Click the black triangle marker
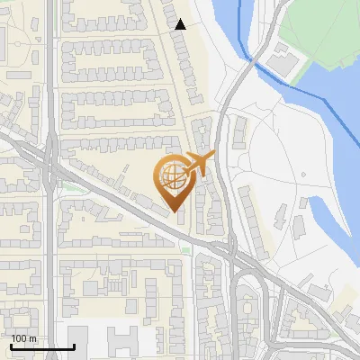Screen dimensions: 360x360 181,24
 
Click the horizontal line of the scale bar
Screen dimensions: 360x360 42,346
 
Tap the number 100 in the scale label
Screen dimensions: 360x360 20,338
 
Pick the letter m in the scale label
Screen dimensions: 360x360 32,338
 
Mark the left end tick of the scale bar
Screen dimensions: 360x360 11,345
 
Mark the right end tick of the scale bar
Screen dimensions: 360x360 74,345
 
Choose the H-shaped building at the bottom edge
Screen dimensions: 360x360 124,343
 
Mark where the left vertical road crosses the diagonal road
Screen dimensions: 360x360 51,166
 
